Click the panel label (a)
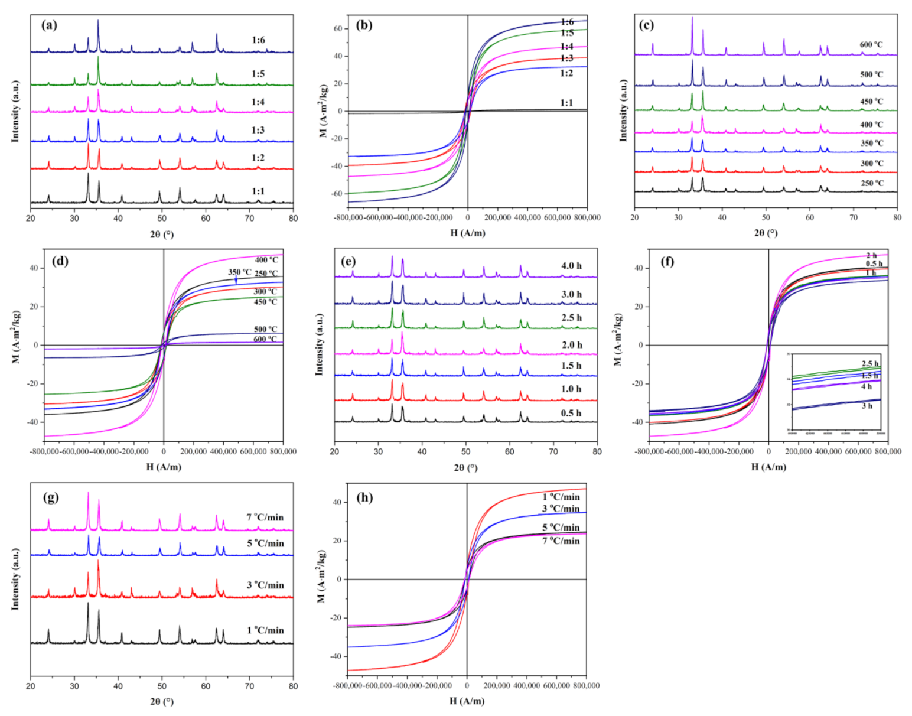(50, 25)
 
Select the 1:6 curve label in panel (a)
(258, 41)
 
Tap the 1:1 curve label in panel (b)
(566, 103)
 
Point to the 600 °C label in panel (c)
(871, 45)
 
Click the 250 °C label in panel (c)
(872, 183)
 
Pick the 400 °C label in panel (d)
(266, 260)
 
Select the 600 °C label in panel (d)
(265, 339)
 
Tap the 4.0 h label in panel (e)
(571, 266)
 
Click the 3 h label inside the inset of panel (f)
(867, 406)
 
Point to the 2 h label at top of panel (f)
(871, 256)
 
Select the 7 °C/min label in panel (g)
(265, 518)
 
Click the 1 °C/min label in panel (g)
(265, 630)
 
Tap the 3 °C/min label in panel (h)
(561, 509)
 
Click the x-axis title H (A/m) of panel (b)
(468, 233)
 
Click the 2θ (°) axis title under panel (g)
(161, 702)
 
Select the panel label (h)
(365, 497)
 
